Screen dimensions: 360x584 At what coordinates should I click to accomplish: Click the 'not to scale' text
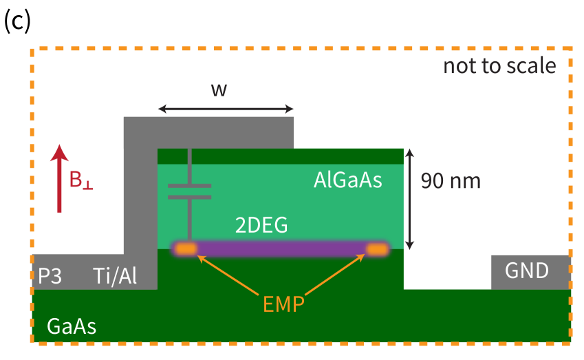tap(499, 66)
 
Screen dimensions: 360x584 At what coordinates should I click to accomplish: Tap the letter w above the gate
tap(219, 89)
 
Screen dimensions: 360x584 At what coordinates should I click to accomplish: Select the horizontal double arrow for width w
tap(226, 109)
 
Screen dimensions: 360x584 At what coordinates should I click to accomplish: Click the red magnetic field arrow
tap(60, 179)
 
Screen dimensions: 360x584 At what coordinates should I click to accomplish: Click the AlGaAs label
tap(347, 180)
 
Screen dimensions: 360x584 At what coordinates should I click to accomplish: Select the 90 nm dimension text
tap(450, 181)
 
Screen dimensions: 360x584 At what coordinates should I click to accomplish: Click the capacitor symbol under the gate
tap(189, 191)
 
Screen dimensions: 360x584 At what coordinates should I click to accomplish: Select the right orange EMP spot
tap(377, 249)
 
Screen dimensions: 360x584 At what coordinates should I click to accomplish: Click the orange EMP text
tap(283, 304)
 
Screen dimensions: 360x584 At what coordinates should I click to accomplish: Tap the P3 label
tap(49, 277)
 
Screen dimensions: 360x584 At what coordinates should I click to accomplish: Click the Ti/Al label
tap(115, 277)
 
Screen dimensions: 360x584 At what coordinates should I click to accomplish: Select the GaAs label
tap(72, 326)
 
